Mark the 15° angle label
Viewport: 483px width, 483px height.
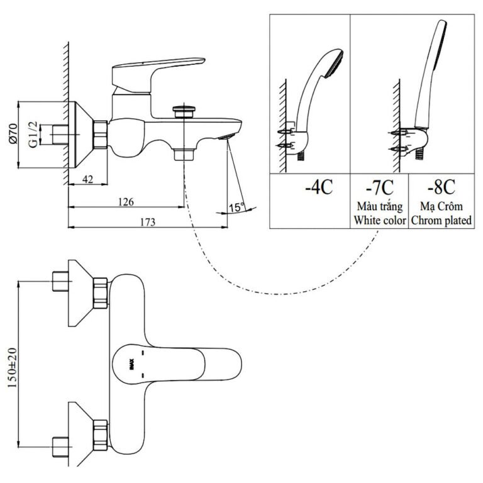click(236, 207)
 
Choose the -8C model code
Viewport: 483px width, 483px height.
click(440, 187)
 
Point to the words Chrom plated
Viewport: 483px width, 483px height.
click(441, 220)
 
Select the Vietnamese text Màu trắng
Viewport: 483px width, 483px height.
click(379, 206)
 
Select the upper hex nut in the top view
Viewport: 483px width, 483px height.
click(101, 292)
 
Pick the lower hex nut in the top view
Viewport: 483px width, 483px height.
click(101, 434)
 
